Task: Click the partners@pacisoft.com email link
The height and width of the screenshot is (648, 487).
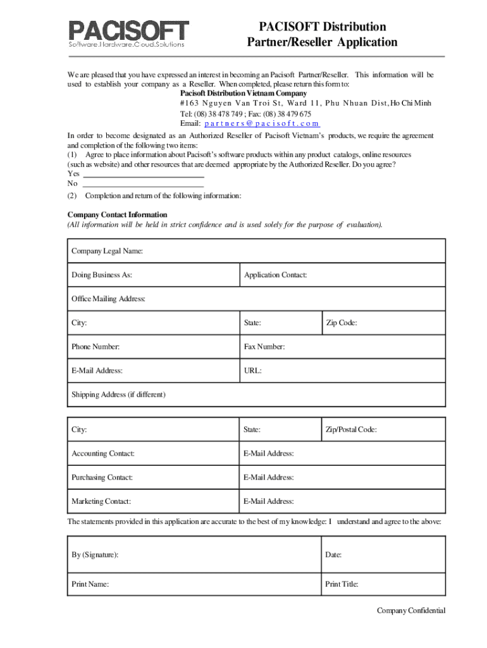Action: coord(262,124)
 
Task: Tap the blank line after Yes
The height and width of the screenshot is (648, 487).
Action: coord(144,173)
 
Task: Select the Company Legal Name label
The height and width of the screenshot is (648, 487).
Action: coord(107,251)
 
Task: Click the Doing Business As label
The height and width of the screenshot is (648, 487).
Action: coord(102,275)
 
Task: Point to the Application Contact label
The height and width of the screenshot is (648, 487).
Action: coord(276,275)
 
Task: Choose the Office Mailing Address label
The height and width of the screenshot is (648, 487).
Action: coord(108,299)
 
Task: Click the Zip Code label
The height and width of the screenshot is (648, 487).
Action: coord(341,323)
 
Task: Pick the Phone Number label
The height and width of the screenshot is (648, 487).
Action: coord(96,347)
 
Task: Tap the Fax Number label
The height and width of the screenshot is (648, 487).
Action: coord(264,347)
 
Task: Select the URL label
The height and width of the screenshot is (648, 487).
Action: coord(253,371)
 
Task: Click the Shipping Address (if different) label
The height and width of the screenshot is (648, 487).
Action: coord(118,395)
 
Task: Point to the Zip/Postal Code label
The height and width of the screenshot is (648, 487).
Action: coord(351,430)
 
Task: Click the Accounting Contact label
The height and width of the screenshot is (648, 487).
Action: coord(103,454)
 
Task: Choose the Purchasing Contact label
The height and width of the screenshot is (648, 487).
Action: coord(102,478)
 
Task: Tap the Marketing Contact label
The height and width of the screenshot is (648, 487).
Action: coord(101,502)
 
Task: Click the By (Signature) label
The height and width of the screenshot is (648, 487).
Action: coord(95,555)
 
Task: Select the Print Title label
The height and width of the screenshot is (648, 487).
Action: coord(342,585)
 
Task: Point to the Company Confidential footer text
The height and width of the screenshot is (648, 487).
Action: coord(411,611)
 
